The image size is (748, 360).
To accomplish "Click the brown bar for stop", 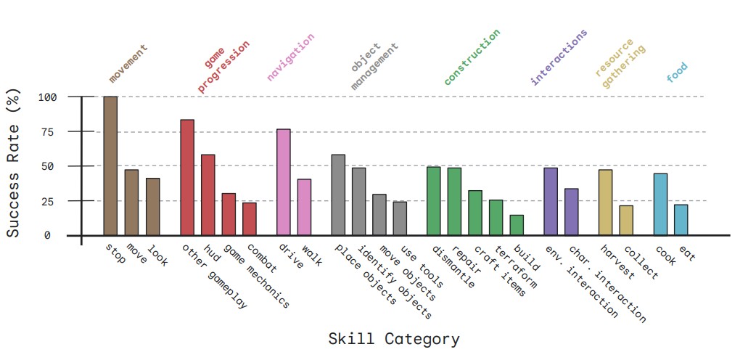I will tap(110, 165).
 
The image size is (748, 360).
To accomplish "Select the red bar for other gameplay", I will tap(187, 177).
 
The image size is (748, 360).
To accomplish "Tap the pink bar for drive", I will tap(284, 182).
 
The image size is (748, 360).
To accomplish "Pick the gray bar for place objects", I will tap(338, 195).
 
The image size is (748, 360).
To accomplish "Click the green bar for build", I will tap(517, 225).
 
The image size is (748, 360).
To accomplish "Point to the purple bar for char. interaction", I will tap(572, 212).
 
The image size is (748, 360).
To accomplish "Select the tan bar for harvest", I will tap(605, 202).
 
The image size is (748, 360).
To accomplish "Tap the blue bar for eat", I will tap(681, 220).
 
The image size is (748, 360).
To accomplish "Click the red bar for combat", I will tap(249, 218).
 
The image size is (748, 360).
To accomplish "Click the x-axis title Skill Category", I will tap(393, 339).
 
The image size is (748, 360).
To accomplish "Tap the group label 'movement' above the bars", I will tap(128, 63).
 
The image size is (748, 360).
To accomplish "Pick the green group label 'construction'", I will tap(472, 57).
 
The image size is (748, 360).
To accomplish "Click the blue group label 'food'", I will tap(677, 73).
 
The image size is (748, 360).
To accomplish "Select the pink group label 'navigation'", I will tap(291, 57).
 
